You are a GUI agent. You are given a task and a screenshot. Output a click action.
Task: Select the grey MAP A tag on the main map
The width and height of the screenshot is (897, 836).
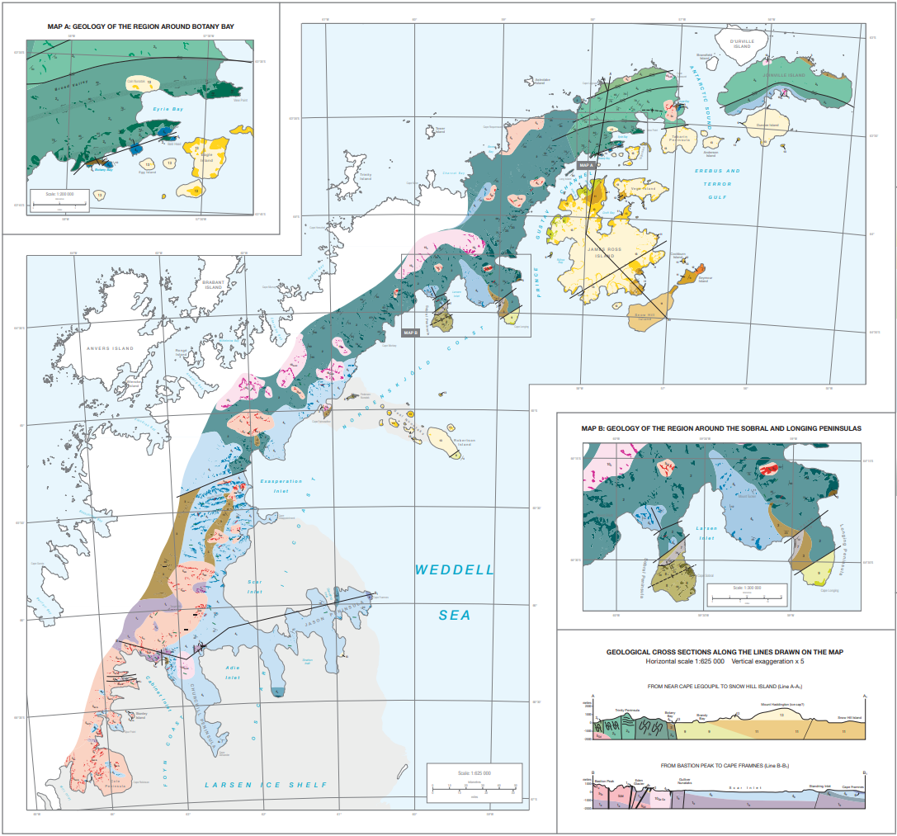pos(586,165)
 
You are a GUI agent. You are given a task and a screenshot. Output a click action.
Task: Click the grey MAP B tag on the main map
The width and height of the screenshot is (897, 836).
pos(411,333)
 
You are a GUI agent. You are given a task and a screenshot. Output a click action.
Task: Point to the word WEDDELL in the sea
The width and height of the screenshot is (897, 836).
pos(454,569)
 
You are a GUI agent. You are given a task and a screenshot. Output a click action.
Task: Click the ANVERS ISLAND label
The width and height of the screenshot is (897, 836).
pos(110,348)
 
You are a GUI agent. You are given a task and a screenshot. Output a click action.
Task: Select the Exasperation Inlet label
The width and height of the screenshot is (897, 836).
pos(281,482)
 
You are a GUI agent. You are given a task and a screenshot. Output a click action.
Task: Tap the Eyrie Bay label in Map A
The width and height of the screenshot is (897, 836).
pos(167,108)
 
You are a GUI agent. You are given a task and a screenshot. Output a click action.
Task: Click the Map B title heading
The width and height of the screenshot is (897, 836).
pos(720,429)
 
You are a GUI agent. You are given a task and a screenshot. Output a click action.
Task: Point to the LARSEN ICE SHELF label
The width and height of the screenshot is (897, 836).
pos(265,784)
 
